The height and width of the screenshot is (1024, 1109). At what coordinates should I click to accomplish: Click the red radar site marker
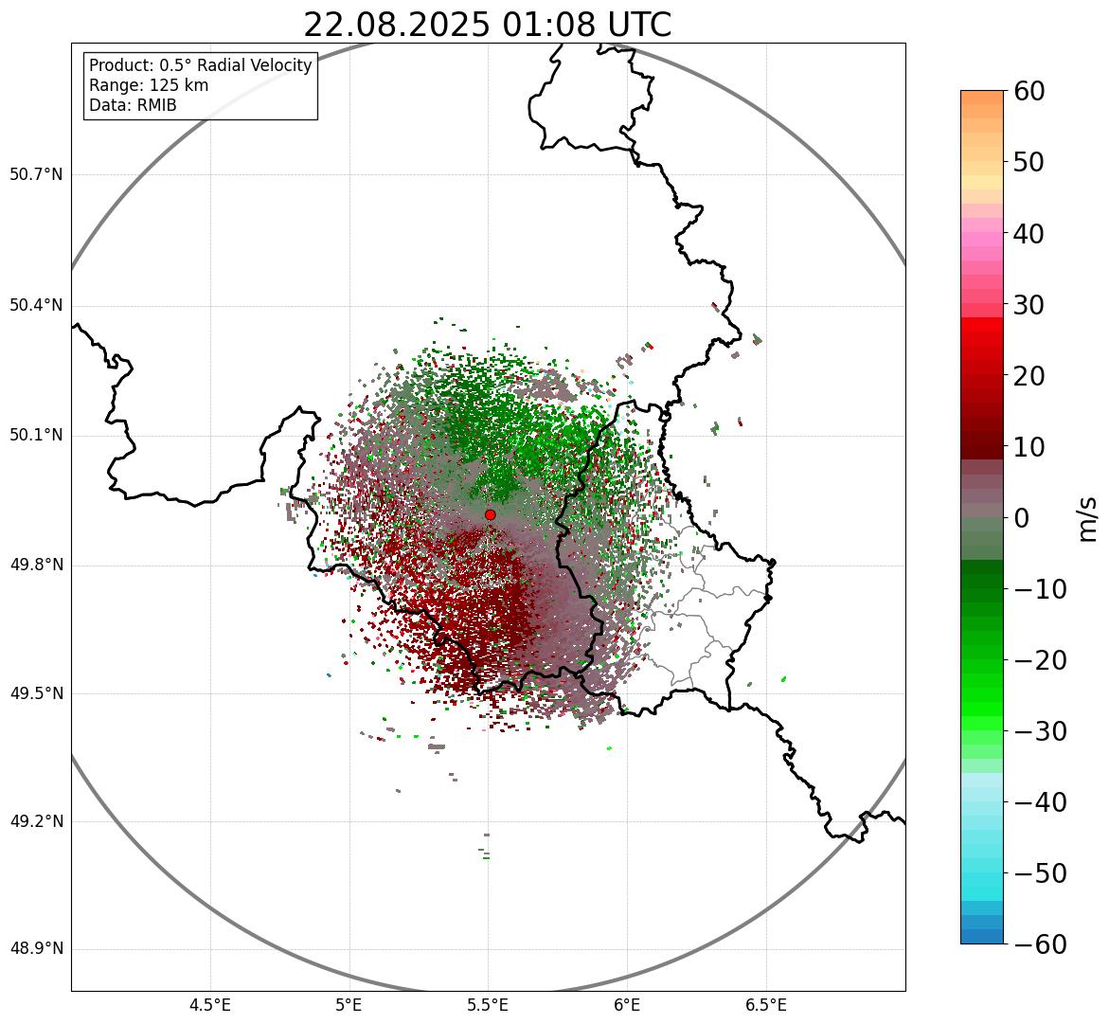490,514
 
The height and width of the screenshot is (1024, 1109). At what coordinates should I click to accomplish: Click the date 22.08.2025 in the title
396,26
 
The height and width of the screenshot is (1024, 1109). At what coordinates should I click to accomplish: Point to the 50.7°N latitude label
35,174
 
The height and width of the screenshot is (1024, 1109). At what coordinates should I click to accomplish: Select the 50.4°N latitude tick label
35,305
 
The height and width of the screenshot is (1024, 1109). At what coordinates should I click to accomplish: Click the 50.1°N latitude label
35,436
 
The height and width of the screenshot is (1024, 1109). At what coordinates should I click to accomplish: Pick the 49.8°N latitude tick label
35,566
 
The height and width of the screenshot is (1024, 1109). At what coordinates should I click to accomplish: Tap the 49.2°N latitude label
35,821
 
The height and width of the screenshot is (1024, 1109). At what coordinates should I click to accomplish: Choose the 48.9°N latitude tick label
35,949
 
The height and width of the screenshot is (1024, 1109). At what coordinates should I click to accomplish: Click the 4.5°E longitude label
210,1005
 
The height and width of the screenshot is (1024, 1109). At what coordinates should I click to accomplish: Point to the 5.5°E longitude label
488,1005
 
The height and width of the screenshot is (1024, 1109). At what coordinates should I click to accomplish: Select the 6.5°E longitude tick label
765,1005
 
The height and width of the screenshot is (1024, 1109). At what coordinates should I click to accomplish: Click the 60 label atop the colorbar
1029,91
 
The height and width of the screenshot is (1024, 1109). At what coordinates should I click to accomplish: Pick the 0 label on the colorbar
1022,518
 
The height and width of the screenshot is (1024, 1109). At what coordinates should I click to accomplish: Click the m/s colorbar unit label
1088,518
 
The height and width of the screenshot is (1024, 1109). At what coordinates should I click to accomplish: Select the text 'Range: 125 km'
149,85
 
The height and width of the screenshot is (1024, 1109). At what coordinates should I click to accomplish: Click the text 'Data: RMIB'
133,105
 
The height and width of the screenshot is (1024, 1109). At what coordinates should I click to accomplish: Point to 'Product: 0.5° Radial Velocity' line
200,65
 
